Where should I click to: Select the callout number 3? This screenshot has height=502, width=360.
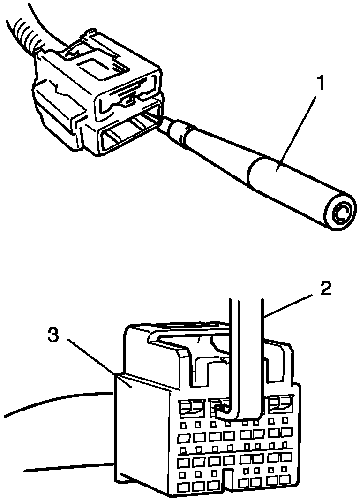55,336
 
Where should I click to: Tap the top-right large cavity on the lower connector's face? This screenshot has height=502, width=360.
281,403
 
